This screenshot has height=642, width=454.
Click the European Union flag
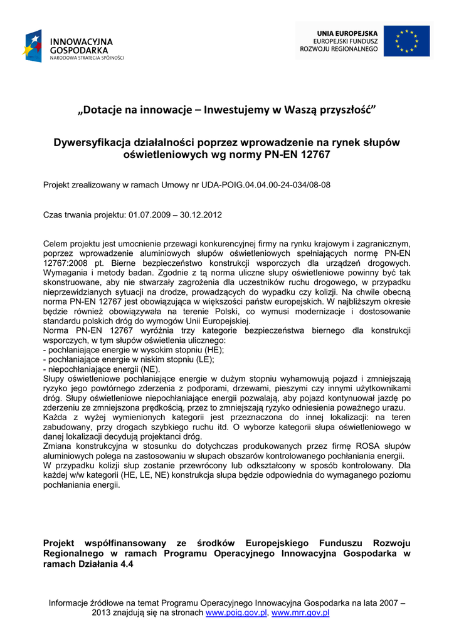coord(406,41)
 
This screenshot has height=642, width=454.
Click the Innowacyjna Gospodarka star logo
coord(33,46)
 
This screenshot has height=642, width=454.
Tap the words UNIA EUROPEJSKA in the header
coord(347,33)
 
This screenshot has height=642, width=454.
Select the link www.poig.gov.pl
coord(236,613)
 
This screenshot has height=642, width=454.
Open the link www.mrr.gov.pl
coord(300,613)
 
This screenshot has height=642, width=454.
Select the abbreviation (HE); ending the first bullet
coord(212,350)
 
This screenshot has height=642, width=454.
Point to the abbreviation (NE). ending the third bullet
coord(147,369)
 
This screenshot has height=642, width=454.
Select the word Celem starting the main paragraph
coord(56,243)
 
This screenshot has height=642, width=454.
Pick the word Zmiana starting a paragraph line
coord(58,446)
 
